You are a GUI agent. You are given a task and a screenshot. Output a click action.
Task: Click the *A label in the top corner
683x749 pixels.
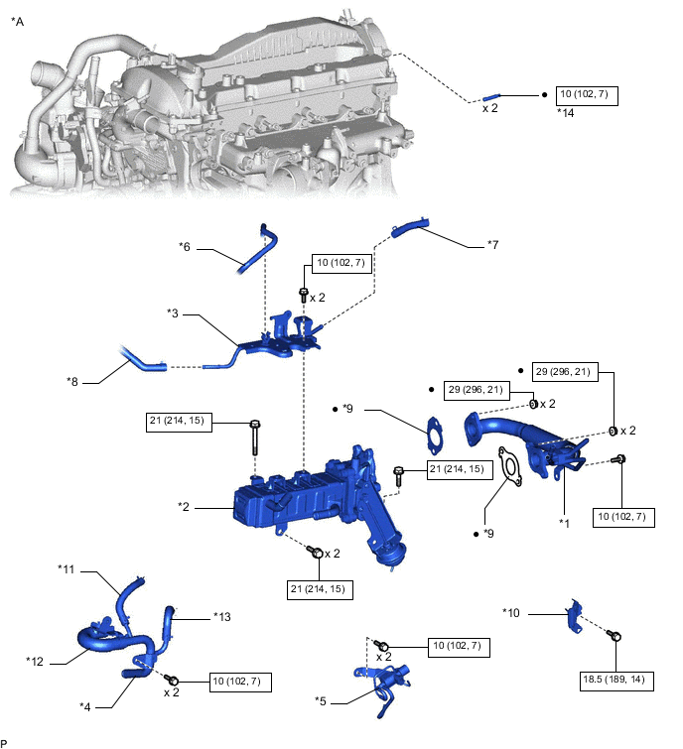point(16,20)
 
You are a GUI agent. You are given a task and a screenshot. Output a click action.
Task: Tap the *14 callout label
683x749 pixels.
point(566,114)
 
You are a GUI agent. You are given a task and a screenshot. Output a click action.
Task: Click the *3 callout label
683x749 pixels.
point(174,312)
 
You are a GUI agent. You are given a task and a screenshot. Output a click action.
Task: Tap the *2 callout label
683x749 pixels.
point(184,506)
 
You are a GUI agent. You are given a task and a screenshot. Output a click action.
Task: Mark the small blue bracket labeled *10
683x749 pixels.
point(574,617)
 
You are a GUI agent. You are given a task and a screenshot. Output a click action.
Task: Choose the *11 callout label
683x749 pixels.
point(68,570)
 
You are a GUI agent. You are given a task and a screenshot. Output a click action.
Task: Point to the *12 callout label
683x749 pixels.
point(36,658)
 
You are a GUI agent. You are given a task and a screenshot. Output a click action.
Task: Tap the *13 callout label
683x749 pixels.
point(223,615)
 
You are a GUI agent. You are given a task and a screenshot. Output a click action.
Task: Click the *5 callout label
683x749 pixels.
point(320,701)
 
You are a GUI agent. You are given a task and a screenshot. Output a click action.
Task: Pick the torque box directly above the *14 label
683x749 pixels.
point(588,95)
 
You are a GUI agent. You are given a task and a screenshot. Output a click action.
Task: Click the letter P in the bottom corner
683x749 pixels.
point(5,742)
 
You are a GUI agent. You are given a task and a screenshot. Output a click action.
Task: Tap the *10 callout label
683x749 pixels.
point(512,612)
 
